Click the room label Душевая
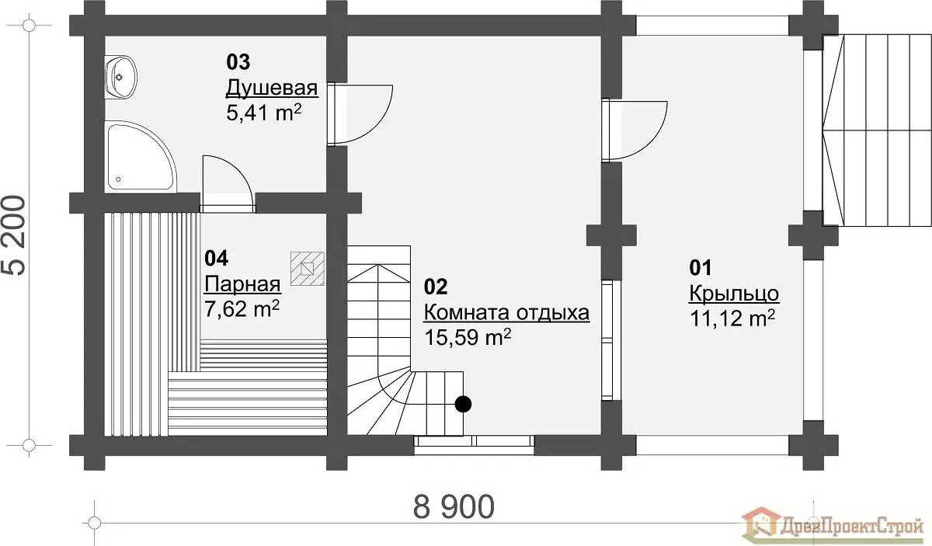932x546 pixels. pos(272,89)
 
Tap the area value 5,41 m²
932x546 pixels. pos(264,112)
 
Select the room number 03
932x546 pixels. pos(238,62)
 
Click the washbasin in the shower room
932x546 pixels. pos(120,78)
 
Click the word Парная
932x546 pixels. pos(242,285)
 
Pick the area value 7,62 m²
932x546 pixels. pos(242,309)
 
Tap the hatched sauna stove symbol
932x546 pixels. pos(308,269)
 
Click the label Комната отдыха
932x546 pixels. pos(506,313)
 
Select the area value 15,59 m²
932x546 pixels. pos(468,336)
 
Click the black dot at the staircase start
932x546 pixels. pos(463,404)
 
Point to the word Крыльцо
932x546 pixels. pos(735,294)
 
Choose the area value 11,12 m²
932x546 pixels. pos(732,318)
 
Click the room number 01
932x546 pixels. pos(701,268)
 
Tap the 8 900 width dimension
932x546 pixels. pos(454,507)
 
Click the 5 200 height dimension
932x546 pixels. pos(16,235)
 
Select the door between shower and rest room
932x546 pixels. pos(360,114)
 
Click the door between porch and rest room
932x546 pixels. pos(635,130)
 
